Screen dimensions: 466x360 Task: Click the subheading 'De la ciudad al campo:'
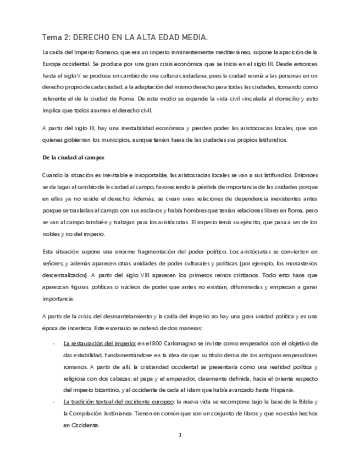click(x=69, y=157)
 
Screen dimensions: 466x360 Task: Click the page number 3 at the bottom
click(x=179, y=435)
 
